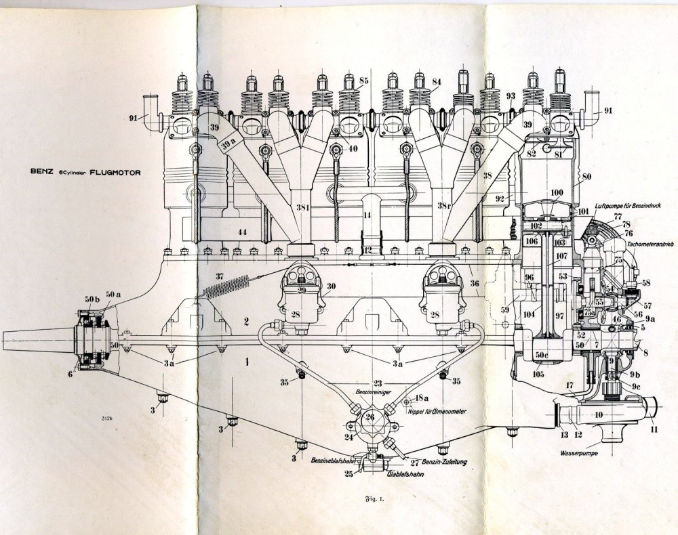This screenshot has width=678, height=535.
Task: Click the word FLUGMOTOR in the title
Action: (x=114, y=173)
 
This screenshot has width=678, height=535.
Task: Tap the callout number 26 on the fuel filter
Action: (x=371, y=416)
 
